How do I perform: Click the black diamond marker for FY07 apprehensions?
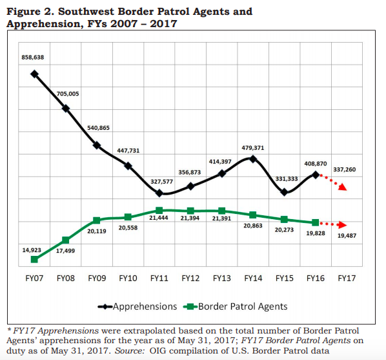tap(34, 74)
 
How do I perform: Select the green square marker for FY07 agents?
tap(34, 259)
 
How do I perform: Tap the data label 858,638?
tap(33, 58)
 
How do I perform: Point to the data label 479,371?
tap(253, 148)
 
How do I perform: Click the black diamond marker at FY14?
tap(253, 159)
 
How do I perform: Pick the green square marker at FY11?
tap(159, 210)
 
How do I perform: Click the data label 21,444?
tap(159, 218)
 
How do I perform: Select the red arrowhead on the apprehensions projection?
tap(342, 187)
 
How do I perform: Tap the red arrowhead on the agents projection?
tap(342, 225)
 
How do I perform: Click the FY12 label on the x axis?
tap(190, 278)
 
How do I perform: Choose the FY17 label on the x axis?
tap(347, 278)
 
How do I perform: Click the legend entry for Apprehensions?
tap(137, 306)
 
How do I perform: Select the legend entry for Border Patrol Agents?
tap(236, 306)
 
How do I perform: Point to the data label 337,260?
tap(345, 169)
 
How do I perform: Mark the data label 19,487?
tap(347, 235)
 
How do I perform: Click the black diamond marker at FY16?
tap(316, 175)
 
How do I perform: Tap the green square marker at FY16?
tap(316, 223)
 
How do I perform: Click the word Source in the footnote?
tap(130, 351)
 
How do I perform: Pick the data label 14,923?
tap(32, 250)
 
